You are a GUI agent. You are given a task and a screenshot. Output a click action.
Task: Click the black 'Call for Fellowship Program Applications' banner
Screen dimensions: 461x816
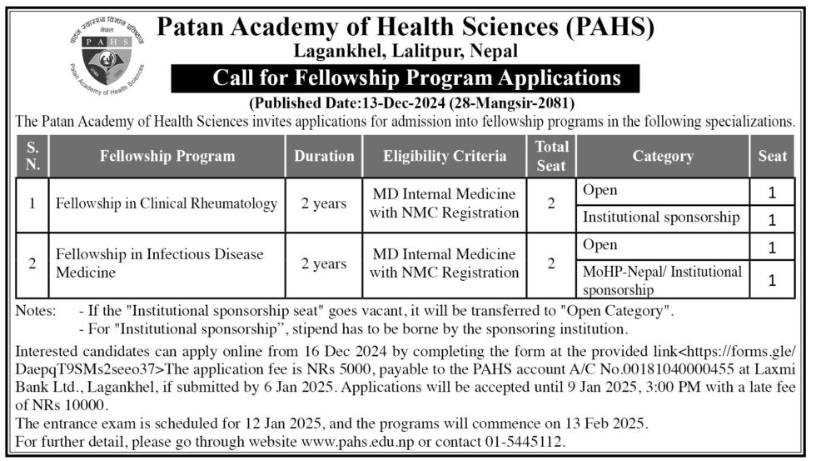pos(406,78)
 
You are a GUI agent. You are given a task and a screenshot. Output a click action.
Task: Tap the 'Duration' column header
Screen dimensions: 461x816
pos(324,156)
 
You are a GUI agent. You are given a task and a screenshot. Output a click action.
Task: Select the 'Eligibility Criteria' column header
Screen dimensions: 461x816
pos(445,156)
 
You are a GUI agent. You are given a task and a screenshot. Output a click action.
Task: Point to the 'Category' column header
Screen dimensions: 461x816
pos(662,156)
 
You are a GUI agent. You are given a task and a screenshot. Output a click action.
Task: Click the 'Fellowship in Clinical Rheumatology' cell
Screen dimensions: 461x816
pos(166,203)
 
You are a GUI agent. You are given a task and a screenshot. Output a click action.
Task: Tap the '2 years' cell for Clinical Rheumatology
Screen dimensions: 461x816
pos(324,203)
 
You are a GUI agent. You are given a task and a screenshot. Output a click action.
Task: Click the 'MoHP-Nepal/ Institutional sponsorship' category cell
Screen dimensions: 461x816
pos(662,280)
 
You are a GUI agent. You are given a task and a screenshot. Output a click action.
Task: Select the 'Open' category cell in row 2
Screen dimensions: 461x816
pos(600,245)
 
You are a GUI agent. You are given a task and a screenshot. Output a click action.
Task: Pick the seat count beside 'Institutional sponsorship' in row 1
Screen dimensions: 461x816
pos(772,220)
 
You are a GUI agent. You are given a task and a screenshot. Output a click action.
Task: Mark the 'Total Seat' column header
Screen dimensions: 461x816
pos(551,156)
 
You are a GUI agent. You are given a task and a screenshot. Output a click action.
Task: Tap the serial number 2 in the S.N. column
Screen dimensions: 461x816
pos(32,263)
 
